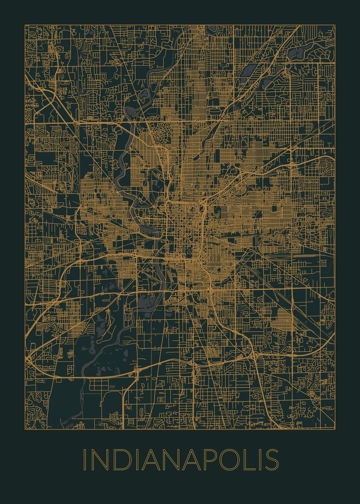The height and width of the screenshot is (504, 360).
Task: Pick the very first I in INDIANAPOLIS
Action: [84, 460]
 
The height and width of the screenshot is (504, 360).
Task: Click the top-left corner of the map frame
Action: [25, 25]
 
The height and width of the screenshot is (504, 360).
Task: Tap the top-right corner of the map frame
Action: [335, 25]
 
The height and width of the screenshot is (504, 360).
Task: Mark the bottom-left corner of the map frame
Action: [25, 429]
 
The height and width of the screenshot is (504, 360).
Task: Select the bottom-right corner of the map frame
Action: [335, 429]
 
